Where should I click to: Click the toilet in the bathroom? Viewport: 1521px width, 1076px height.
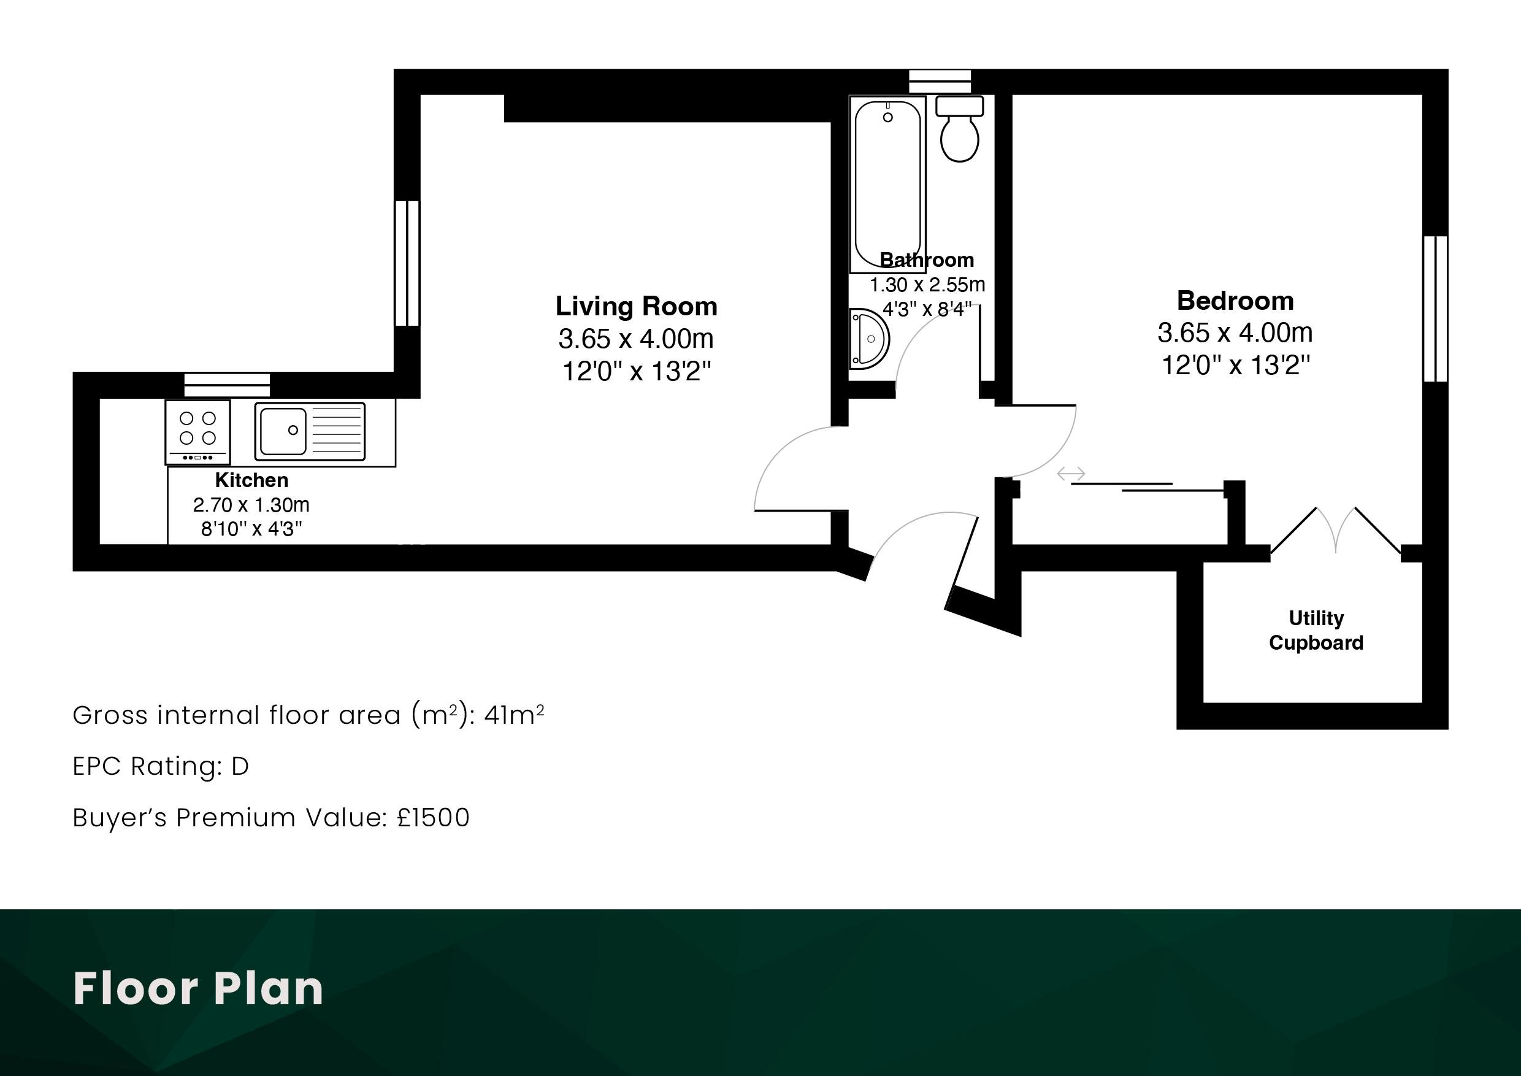tap(959, 129)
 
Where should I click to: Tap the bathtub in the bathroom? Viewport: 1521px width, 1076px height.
tap(887, 184)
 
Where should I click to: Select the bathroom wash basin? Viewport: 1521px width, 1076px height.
tap(868, 339)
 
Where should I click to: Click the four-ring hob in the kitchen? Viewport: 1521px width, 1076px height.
tap(198, 432)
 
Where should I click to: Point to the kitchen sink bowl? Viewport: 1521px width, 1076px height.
tap(283, 431)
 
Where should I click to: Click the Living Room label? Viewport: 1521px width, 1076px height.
tap(636, 306)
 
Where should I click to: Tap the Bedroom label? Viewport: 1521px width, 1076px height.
tap(1235, 301)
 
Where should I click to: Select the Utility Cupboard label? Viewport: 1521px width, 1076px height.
tap(1316, 630)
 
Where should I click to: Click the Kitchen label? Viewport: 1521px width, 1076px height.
tap(251, 480)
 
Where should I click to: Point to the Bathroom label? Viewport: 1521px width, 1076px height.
tap(926, 259)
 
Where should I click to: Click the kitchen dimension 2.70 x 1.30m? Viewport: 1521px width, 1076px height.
tap(251, 505)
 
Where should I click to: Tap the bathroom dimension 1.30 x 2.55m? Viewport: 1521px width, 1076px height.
tap(927, 285)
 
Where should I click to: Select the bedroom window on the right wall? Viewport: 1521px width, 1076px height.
tap(1435, 309)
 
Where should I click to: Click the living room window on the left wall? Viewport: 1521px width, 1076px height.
tap(407, 263)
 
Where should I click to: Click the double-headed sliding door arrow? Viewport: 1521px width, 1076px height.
tap(1071, 474)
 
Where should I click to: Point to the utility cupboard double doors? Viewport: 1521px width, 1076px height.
tap(1336, 530)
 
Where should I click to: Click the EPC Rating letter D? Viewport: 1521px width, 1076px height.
tap(240, 767)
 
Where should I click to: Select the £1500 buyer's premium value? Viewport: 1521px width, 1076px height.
tap(433, 818)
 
